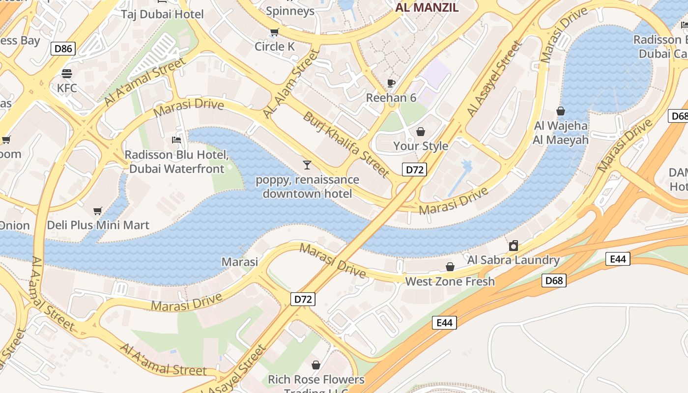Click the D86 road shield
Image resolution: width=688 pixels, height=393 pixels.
pos(63,48)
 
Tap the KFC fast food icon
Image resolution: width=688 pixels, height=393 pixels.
pos(67,74)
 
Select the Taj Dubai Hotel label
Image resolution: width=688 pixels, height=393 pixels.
pos(162,14)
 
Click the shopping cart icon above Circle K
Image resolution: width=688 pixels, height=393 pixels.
pos(275,32)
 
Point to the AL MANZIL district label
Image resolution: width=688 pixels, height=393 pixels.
pos(427,8)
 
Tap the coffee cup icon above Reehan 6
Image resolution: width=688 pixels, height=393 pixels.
pos(391,83)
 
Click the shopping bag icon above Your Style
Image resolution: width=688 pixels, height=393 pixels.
pos(421,132)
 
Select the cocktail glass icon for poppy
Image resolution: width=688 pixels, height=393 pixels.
pos(307,165)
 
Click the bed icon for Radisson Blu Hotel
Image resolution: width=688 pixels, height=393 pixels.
pos(176,140)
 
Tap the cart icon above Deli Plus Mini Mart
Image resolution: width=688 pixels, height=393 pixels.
pos(98,211)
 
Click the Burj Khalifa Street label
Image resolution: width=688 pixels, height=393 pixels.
pos(346,144)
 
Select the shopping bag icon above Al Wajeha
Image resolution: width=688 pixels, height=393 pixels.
pos(561,112)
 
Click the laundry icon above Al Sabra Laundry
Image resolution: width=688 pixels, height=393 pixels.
pos(514,246)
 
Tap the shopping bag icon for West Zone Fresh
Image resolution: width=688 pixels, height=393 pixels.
pos(450,267)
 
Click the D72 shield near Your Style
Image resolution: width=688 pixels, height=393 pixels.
pos(414,170)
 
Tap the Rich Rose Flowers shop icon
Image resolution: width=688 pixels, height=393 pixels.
pos(316,365)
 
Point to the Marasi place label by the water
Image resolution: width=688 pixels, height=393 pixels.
pos(240,262)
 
